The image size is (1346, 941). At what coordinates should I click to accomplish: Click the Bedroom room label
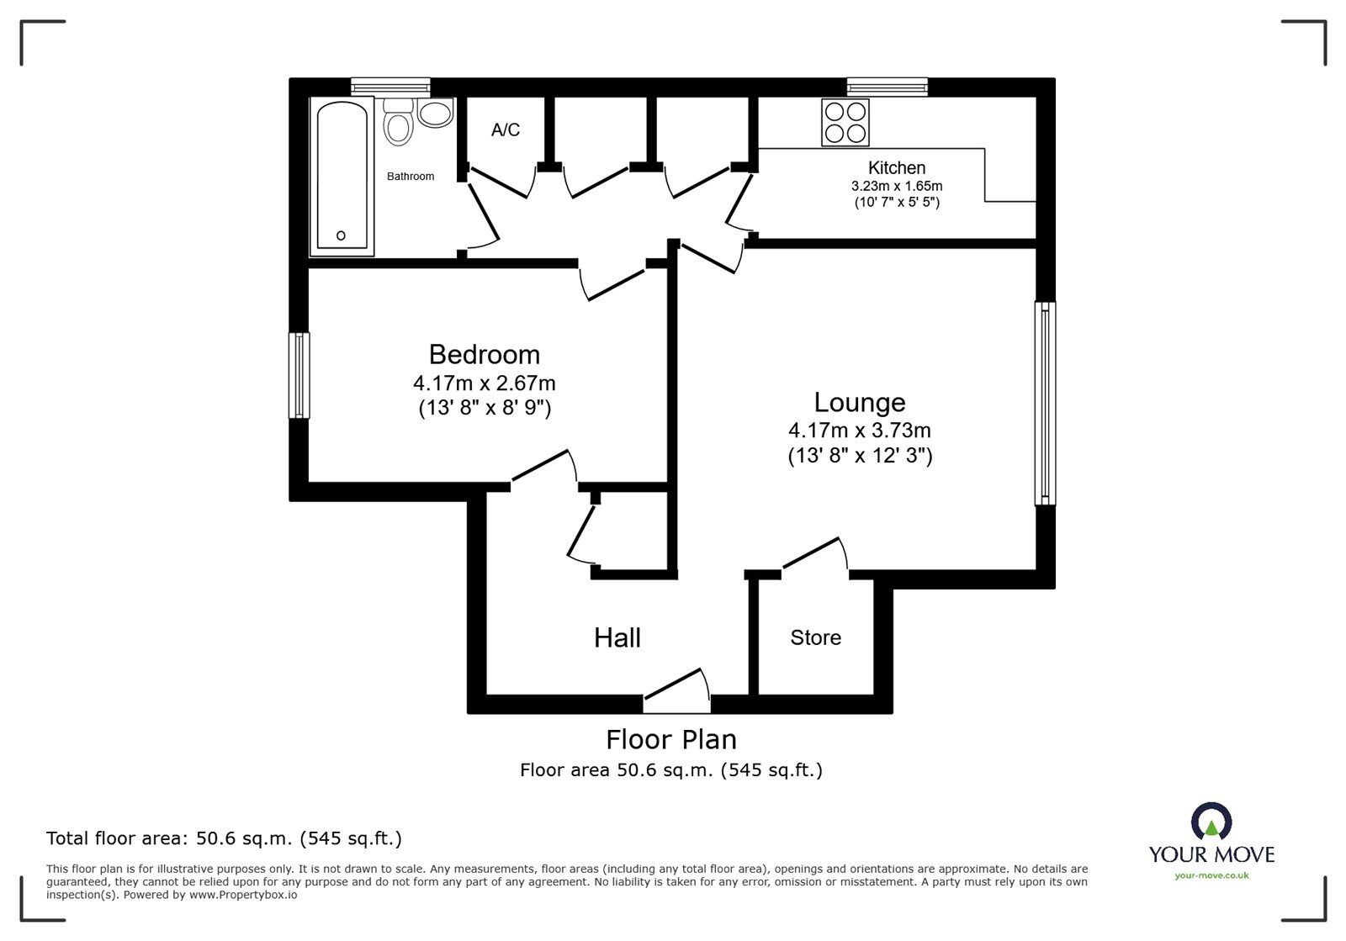(484, 354)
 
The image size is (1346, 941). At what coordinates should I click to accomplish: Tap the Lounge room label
(859, 402)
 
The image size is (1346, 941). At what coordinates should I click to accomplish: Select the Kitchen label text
(897, 167)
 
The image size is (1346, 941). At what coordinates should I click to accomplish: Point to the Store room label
(815, 637)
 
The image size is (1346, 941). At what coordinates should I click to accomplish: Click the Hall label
(617, 637)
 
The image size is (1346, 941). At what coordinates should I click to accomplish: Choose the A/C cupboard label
(506, 130)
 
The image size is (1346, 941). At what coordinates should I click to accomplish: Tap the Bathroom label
(411, 177)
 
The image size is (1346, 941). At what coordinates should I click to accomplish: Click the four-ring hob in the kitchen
(845, 122)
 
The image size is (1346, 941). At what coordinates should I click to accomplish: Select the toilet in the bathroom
(397, 123)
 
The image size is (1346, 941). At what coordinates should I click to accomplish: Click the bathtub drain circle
(341, 235)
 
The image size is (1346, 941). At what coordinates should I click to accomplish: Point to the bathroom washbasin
(435, 113)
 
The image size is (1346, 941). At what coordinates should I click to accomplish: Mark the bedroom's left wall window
(299, 375)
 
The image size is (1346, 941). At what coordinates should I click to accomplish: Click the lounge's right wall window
(1045, 404)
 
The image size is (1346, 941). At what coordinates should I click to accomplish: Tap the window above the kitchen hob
(888, 86)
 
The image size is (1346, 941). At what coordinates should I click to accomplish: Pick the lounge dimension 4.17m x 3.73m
(859, 431)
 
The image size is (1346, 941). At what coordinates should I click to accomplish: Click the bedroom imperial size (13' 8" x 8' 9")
(484, 409)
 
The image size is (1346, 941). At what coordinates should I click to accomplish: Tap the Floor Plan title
(671, 739)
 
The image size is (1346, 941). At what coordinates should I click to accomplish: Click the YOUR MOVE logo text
(1211, 854)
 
